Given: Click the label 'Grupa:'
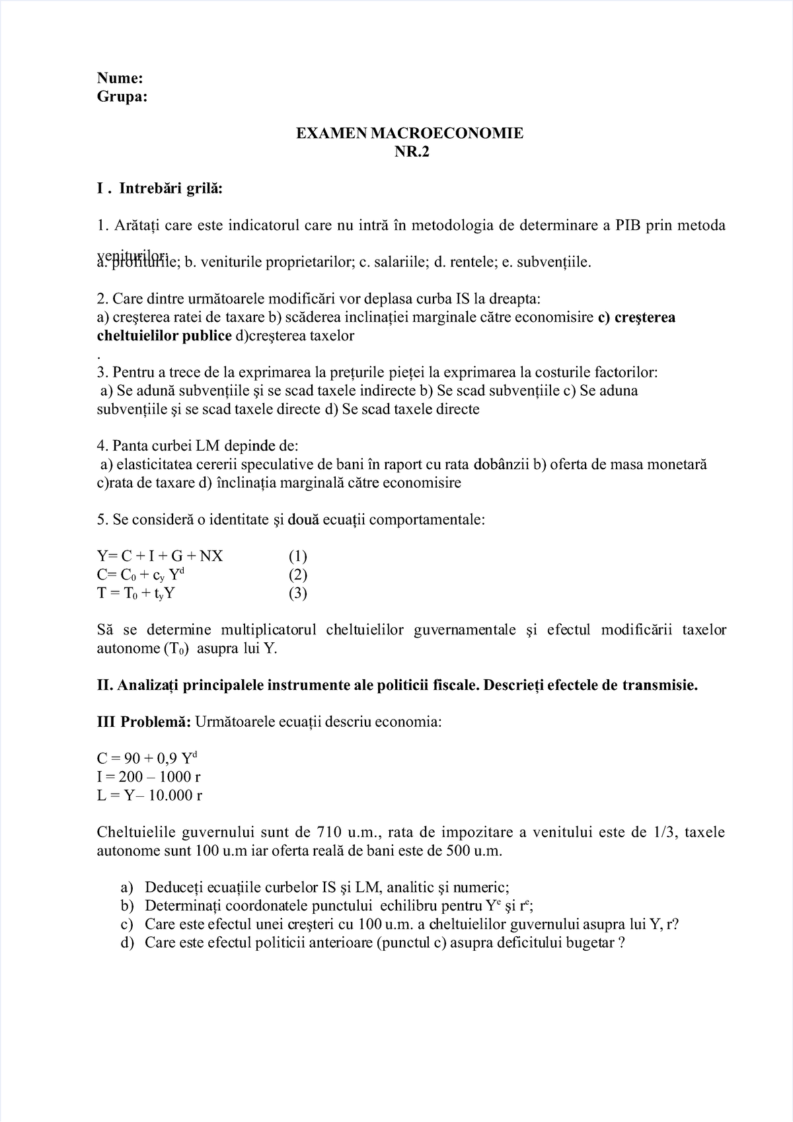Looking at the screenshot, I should pos(122,97).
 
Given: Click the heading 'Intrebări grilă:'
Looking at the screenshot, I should pos(170,190).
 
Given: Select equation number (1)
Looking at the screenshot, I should pos(297,556).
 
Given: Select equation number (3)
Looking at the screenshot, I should pos(297,593).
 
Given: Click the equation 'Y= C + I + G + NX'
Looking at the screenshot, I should pos(160,556).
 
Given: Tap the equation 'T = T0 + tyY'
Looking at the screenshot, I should pos(135,593).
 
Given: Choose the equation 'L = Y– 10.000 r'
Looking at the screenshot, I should pos(149,796).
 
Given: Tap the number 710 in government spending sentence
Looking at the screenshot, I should pos(329,833).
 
